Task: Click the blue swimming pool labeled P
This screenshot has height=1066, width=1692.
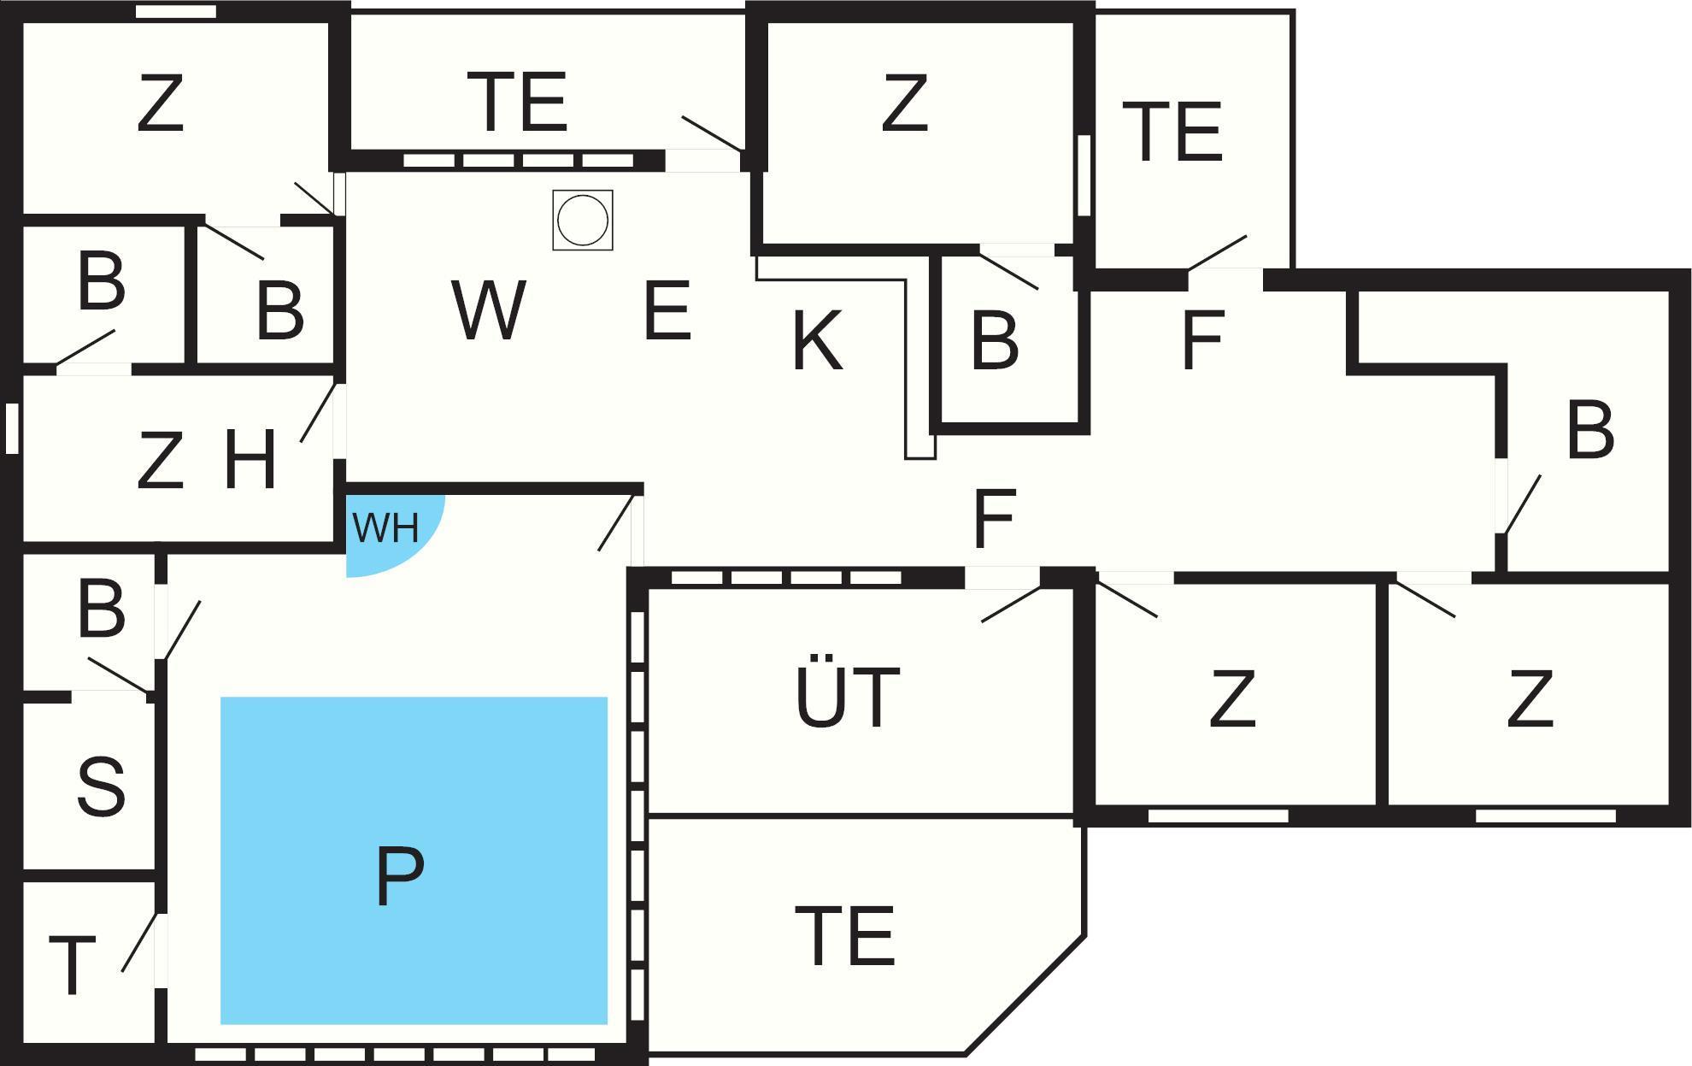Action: click(414, 860)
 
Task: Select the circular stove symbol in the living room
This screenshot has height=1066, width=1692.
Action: click(583, 220)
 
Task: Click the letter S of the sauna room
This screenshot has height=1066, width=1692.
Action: click(101, 785)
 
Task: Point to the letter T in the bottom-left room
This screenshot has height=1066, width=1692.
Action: click(72, 966)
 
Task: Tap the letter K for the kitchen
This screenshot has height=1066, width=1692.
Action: click(818, 340)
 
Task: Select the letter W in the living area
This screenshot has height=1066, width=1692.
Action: click(489, 309)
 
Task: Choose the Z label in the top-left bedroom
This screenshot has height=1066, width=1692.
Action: click(161, 103)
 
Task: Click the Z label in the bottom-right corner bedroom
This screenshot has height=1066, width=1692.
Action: click(1530, 698)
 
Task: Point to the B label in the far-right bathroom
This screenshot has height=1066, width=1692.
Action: click(1590, 429)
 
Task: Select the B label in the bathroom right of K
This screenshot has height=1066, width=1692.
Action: click(995, 341)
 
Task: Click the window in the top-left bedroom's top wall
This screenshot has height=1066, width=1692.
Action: click(177, 11)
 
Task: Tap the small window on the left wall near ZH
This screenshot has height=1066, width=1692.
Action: click(12, 427)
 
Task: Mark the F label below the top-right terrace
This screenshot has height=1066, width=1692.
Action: click(1202, 340)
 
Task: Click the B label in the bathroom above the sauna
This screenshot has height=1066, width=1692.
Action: click(101, 610)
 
